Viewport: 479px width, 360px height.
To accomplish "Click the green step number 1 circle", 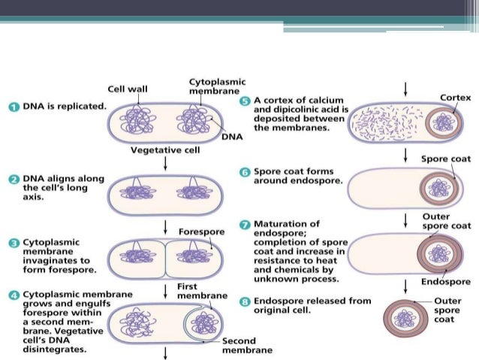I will tap(14, 107).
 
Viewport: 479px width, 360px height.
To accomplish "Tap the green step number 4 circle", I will tap(14, 294).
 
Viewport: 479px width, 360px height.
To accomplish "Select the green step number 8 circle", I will tap(245, 301).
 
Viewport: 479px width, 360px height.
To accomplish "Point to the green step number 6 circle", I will tap(245, 172).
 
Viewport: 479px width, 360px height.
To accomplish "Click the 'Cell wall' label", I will tap(128, 89).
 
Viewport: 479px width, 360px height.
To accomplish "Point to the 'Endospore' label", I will tap(446, 282).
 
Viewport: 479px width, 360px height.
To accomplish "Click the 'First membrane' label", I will tap(201, 291).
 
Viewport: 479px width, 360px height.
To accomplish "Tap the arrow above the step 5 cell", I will tap(405, 89).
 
